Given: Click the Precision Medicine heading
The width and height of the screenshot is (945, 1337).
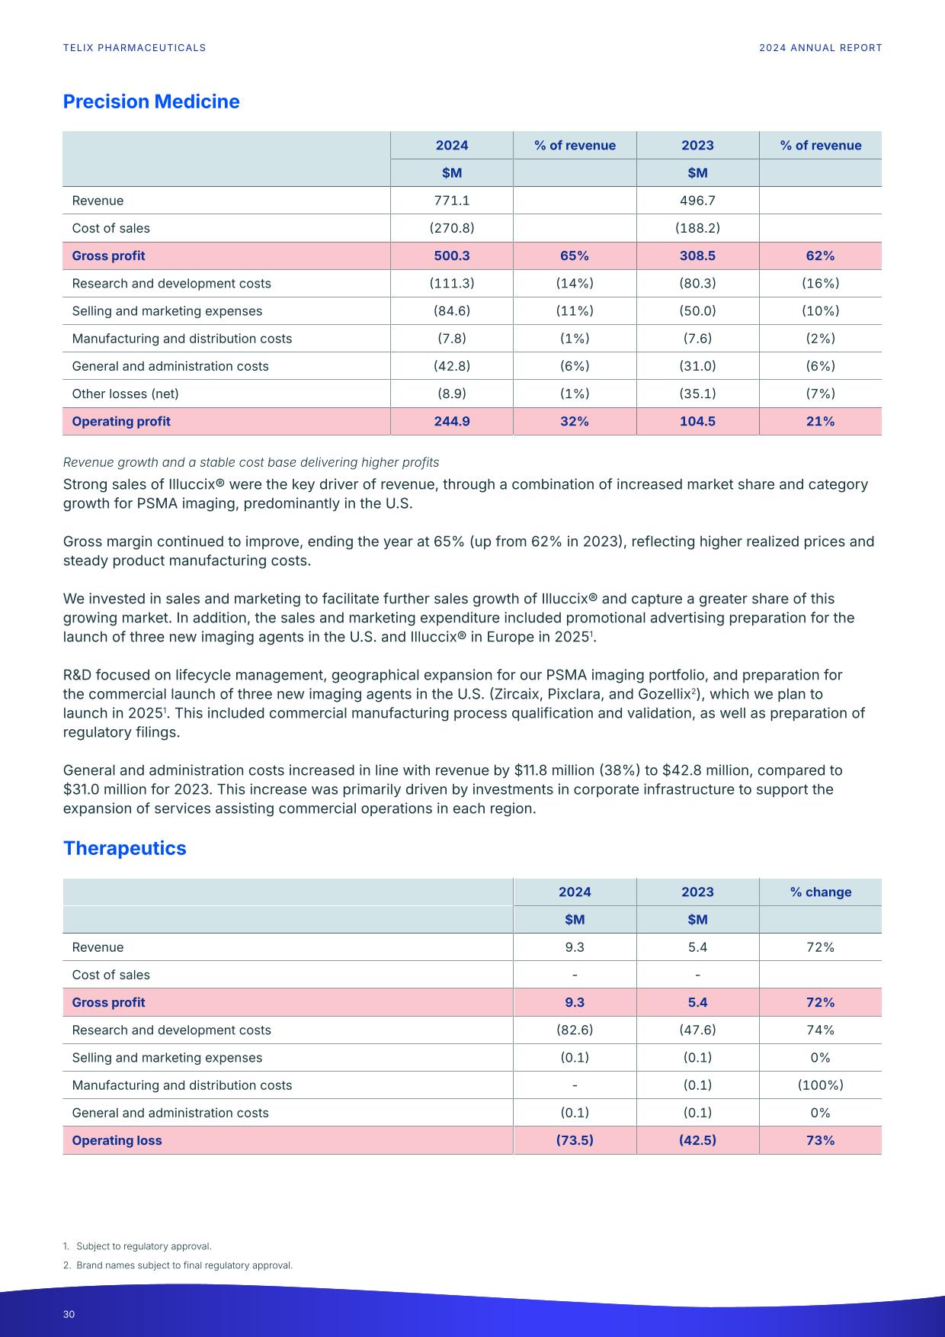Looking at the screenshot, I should click(x=151, y=101).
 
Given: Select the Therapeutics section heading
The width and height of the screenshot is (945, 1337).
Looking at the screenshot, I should click(x=124, y=848).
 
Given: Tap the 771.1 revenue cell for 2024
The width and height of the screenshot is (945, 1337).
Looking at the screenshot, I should click(x=451, y=201).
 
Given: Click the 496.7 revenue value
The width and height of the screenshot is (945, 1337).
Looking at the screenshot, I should click(x=697, y=201).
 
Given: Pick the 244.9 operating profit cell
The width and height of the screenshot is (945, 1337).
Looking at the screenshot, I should click(x=451, y=421).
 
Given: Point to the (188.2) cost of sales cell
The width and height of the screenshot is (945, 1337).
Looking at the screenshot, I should click(x=697, y=228).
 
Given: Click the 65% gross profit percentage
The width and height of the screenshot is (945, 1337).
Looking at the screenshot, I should click(x=574, y=256).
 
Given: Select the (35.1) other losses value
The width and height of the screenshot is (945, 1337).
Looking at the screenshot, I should click(x=697, y=394).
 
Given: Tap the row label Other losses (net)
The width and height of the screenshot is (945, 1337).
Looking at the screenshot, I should click(x=125, y=394).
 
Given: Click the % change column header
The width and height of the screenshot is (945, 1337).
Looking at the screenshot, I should click(x=820, y=892).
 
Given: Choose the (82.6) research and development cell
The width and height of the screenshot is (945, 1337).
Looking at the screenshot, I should click(x=574, y=1030).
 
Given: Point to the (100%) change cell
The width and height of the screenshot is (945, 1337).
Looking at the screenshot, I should click(x=820, y=1085).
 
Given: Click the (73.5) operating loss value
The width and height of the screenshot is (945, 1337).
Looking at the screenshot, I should click(x=574, y=1140).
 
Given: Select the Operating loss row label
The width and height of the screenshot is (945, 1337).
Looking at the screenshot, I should click(x=117, y=1140).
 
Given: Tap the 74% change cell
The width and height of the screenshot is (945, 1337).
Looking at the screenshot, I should click(x=820, y=1030).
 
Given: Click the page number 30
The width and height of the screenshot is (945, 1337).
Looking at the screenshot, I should click(x=69, y=1314).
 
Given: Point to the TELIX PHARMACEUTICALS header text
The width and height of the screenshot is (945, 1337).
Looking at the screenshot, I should click(x=134, y=47).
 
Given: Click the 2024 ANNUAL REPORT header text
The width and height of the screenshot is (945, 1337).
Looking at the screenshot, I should click(x=820, y=47).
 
